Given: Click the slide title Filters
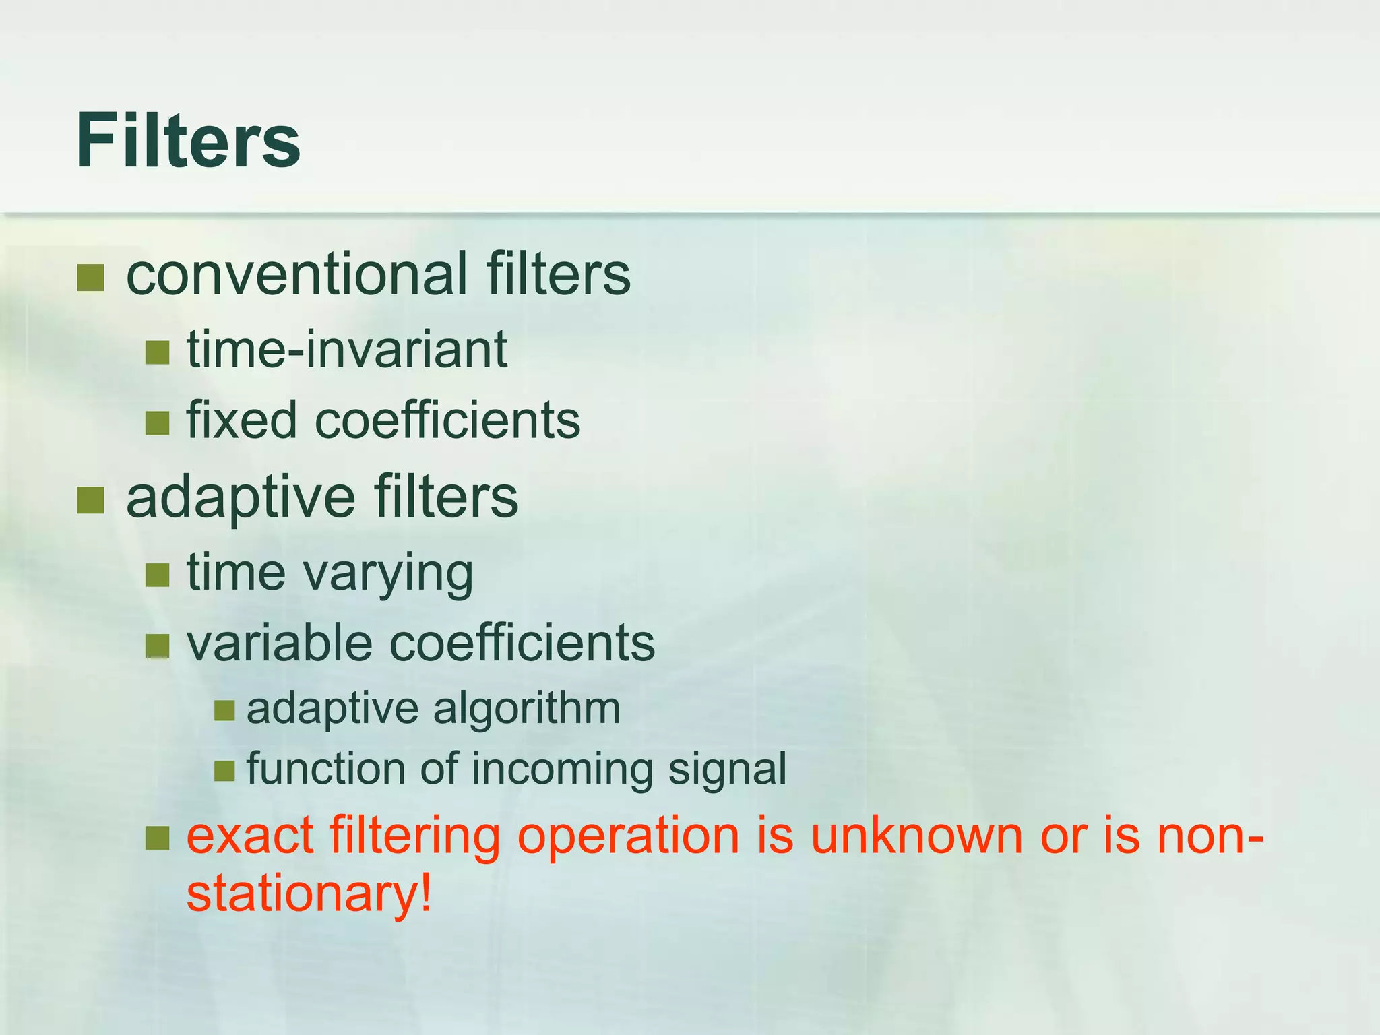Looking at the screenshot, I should click(x=187, y=142).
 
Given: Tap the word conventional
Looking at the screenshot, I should click(x=296, y=274).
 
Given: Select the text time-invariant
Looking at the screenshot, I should click(x=347, y=349).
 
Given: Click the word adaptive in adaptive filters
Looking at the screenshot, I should click(x=241, y=497).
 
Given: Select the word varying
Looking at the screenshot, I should click(x=388, y=573).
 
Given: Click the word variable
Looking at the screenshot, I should click(x=279, y=642).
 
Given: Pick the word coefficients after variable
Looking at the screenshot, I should click(x=522, y=642).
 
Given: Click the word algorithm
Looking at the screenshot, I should click(x=526, y=709).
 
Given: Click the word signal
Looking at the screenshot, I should click(x=727, y=770).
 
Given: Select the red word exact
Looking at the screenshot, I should click(x=249, y=836).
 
